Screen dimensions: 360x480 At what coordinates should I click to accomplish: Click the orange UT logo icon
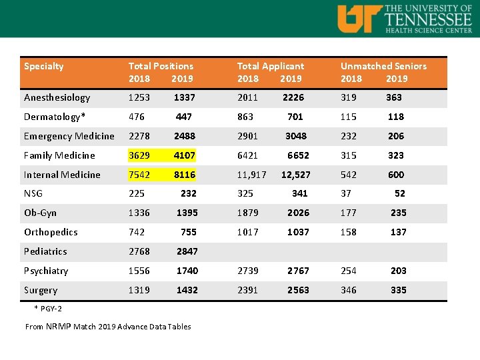(359, 18)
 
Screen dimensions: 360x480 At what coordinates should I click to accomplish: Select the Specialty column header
(44, 66)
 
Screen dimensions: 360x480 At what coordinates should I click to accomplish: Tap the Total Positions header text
(161, 66)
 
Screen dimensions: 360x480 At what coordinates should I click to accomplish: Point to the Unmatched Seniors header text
(383, 66)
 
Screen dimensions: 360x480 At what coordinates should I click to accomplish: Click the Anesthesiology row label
(57, 97)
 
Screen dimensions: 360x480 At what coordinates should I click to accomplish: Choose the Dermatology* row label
(55, 117)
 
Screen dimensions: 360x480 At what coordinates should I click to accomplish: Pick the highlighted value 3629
(139, 155)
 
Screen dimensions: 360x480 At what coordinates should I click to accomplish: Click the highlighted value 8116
(185, 175)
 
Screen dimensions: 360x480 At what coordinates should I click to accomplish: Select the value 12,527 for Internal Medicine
(296, 175)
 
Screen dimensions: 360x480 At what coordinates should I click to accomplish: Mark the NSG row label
(33, 193)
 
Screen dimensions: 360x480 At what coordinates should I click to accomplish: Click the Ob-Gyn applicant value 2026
(298, 213)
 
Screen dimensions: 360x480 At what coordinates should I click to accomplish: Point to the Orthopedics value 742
(137, 232)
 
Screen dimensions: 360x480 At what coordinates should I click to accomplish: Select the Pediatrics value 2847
(187, 251)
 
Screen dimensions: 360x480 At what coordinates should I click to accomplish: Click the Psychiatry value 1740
(187, 271)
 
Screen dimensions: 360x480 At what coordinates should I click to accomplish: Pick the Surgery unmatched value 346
(348, 290)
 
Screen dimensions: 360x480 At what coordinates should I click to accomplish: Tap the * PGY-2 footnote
(48, 309)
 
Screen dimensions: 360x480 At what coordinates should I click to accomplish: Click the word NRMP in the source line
(59, 326)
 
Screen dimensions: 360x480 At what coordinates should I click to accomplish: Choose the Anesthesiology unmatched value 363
(394, 97)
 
